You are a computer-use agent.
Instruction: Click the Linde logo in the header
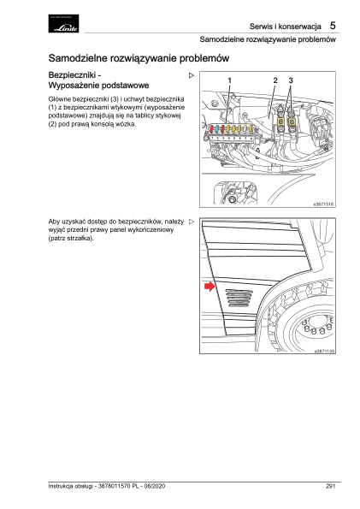63,23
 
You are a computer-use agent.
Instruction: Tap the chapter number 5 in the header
333,26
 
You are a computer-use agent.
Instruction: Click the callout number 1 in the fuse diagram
229,80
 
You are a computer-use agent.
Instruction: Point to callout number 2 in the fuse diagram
275,80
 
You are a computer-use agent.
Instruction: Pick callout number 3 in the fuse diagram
291,80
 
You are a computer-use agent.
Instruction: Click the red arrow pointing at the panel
210,286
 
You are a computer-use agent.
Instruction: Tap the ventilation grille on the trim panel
239,298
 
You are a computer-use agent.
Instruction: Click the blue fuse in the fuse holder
217,129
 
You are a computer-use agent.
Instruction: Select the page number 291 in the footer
330,486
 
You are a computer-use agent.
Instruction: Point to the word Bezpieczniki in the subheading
72,75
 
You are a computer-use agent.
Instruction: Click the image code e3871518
323,204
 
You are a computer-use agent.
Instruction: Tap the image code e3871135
324,351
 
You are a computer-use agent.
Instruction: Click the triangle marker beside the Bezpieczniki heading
192,75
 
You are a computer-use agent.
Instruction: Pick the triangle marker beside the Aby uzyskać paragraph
192,222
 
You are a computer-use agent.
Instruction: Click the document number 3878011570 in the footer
114,486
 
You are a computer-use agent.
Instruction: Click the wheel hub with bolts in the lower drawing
316,326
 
